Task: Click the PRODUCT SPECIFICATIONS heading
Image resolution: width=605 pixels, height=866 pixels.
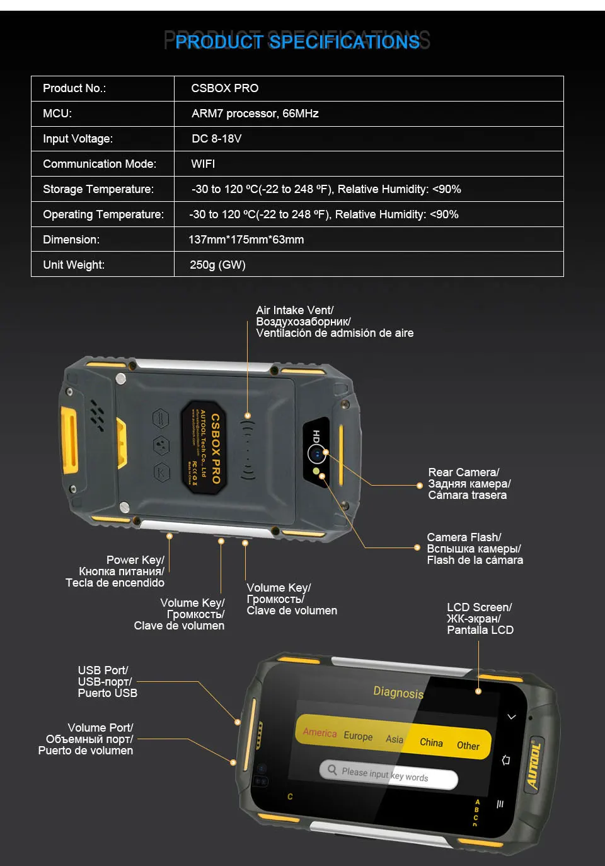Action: tap(297, 42)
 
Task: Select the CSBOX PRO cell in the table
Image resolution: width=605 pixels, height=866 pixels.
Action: tap(224, 88)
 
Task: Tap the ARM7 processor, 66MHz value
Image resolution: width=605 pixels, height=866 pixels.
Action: tap(255, 114)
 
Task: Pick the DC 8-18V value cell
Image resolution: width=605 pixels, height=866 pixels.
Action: tap(216, 139)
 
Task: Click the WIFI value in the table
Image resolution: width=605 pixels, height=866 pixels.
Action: tap(203, 164)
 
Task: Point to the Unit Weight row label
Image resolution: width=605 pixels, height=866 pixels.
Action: tap(74, 265)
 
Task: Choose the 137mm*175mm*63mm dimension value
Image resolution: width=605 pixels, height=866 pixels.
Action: tap(246, 240)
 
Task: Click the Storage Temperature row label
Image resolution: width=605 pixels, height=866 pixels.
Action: tap(98, 189)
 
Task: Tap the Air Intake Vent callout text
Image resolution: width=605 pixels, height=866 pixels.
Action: tap(334, 322)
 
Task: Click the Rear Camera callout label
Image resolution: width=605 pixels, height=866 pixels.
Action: tap(469, 484)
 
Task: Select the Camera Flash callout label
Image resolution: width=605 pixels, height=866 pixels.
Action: tap(475, 549)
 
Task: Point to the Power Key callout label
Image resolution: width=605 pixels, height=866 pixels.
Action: tap(116, 571)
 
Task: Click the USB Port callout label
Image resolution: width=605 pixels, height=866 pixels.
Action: tap(107, 682)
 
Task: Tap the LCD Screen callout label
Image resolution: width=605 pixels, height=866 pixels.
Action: tap(480, 619)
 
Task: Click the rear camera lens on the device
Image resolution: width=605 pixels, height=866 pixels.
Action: tap(316, 453)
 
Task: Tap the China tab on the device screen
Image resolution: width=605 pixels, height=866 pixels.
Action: tap(431, 742)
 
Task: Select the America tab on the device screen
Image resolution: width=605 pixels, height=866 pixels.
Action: tap(320, 732)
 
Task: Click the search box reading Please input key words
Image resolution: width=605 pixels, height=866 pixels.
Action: tap(388, 775)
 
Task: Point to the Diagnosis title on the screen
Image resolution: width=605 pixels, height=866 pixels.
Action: tap(398, 692)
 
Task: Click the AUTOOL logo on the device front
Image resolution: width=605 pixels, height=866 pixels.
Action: tap(534, 766)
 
